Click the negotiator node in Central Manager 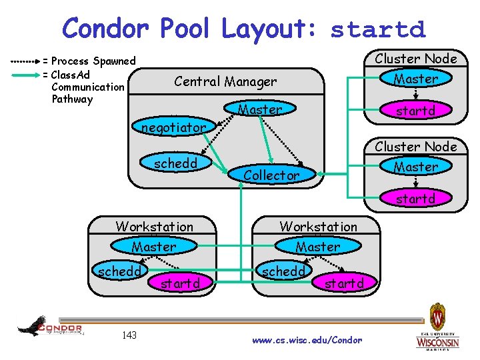(173, 127)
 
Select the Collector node (271, 175)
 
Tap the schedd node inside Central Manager (175, 163)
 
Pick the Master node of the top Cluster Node (415, 79)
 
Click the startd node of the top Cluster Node (415, 111)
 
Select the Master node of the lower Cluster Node (415, 167)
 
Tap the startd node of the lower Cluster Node (415, 199)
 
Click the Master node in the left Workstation (154, 247)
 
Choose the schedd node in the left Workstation (120, 272)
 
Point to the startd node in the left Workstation (180, 283)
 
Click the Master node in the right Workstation (318, 247)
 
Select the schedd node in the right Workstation (283, 272)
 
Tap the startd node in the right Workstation (344, 283)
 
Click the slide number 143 (129, 335)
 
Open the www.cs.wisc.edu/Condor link (307, 340)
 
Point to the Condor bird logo (50, 327)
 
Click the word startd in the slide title (377, 30)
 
